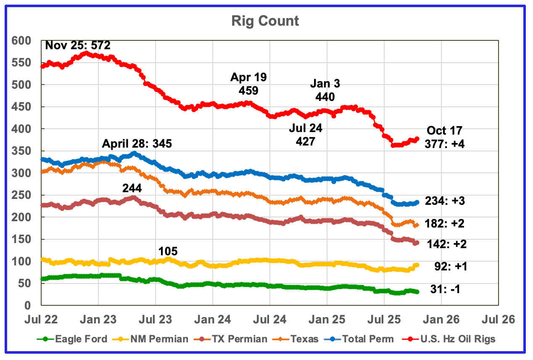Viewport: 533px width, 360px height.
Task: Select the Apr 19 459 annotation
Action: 249,84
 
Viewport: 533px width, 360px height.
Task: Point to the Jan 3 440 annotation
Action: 325,90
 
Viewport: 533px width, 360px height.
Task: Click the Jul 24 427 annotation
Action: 306,135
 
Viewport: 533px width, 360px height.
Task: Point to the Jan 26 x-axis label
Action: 441,320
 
